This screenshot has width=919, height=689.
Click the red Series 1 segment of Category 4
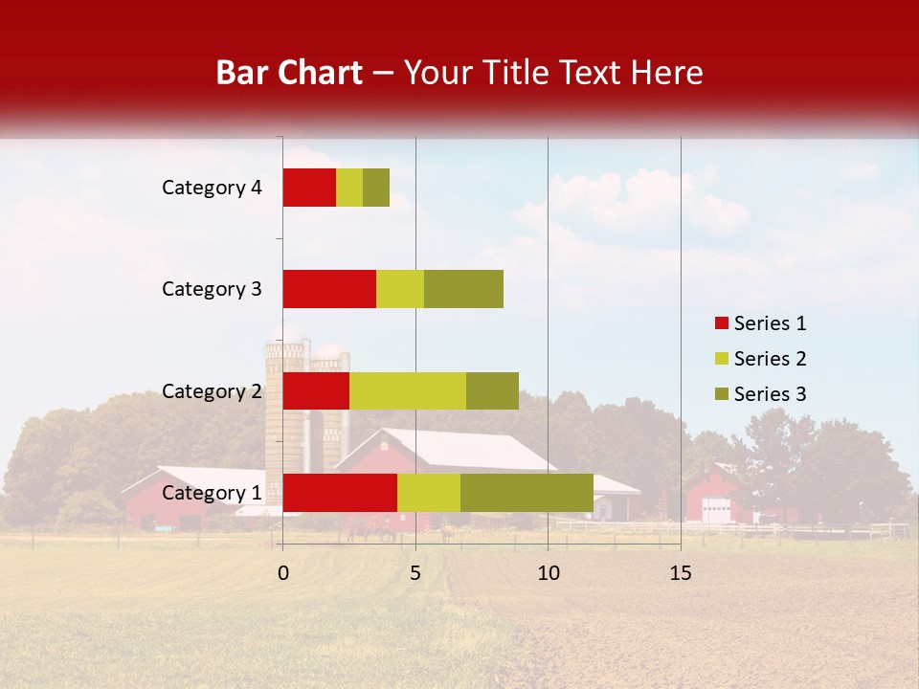point(309,188)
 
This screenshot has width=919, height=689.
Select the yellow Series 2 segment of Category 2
point(408,390)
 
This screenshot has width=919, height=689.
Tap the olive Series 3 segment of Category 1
point(527,493)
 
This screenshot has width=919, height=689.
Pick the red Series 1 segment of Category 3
point(329,289)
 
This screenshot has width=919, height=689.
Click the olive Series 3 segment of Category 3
point(463,289)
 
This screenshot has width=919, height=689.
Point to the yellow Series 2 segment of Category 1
point(429,493)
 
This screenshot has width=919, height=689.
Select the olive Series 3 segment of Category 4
point(376,188)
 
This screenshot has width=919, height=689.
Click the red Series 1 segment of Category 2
point(316,390)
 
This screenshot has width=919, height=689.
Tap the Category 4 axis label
point(212,188)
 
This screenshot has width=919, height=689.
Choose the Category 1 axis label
point(212,493)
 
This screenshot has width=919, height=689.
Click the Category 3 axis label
point(212,289)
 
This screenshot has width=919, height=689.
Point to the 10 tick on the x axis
point(548,573)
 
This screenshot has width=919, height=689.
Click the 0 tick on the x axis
point(283,573)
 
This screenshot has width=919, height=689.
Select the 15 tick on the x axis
point(681,573)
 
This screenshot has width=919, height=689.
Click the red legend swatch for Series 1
point(721,323)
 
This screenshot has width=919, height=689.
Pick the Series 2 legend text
point(770,359)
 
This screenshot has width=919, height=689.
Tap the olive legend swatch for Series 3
point(721,394)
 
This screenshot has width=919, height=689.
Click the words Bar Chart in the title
point(289,73)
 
